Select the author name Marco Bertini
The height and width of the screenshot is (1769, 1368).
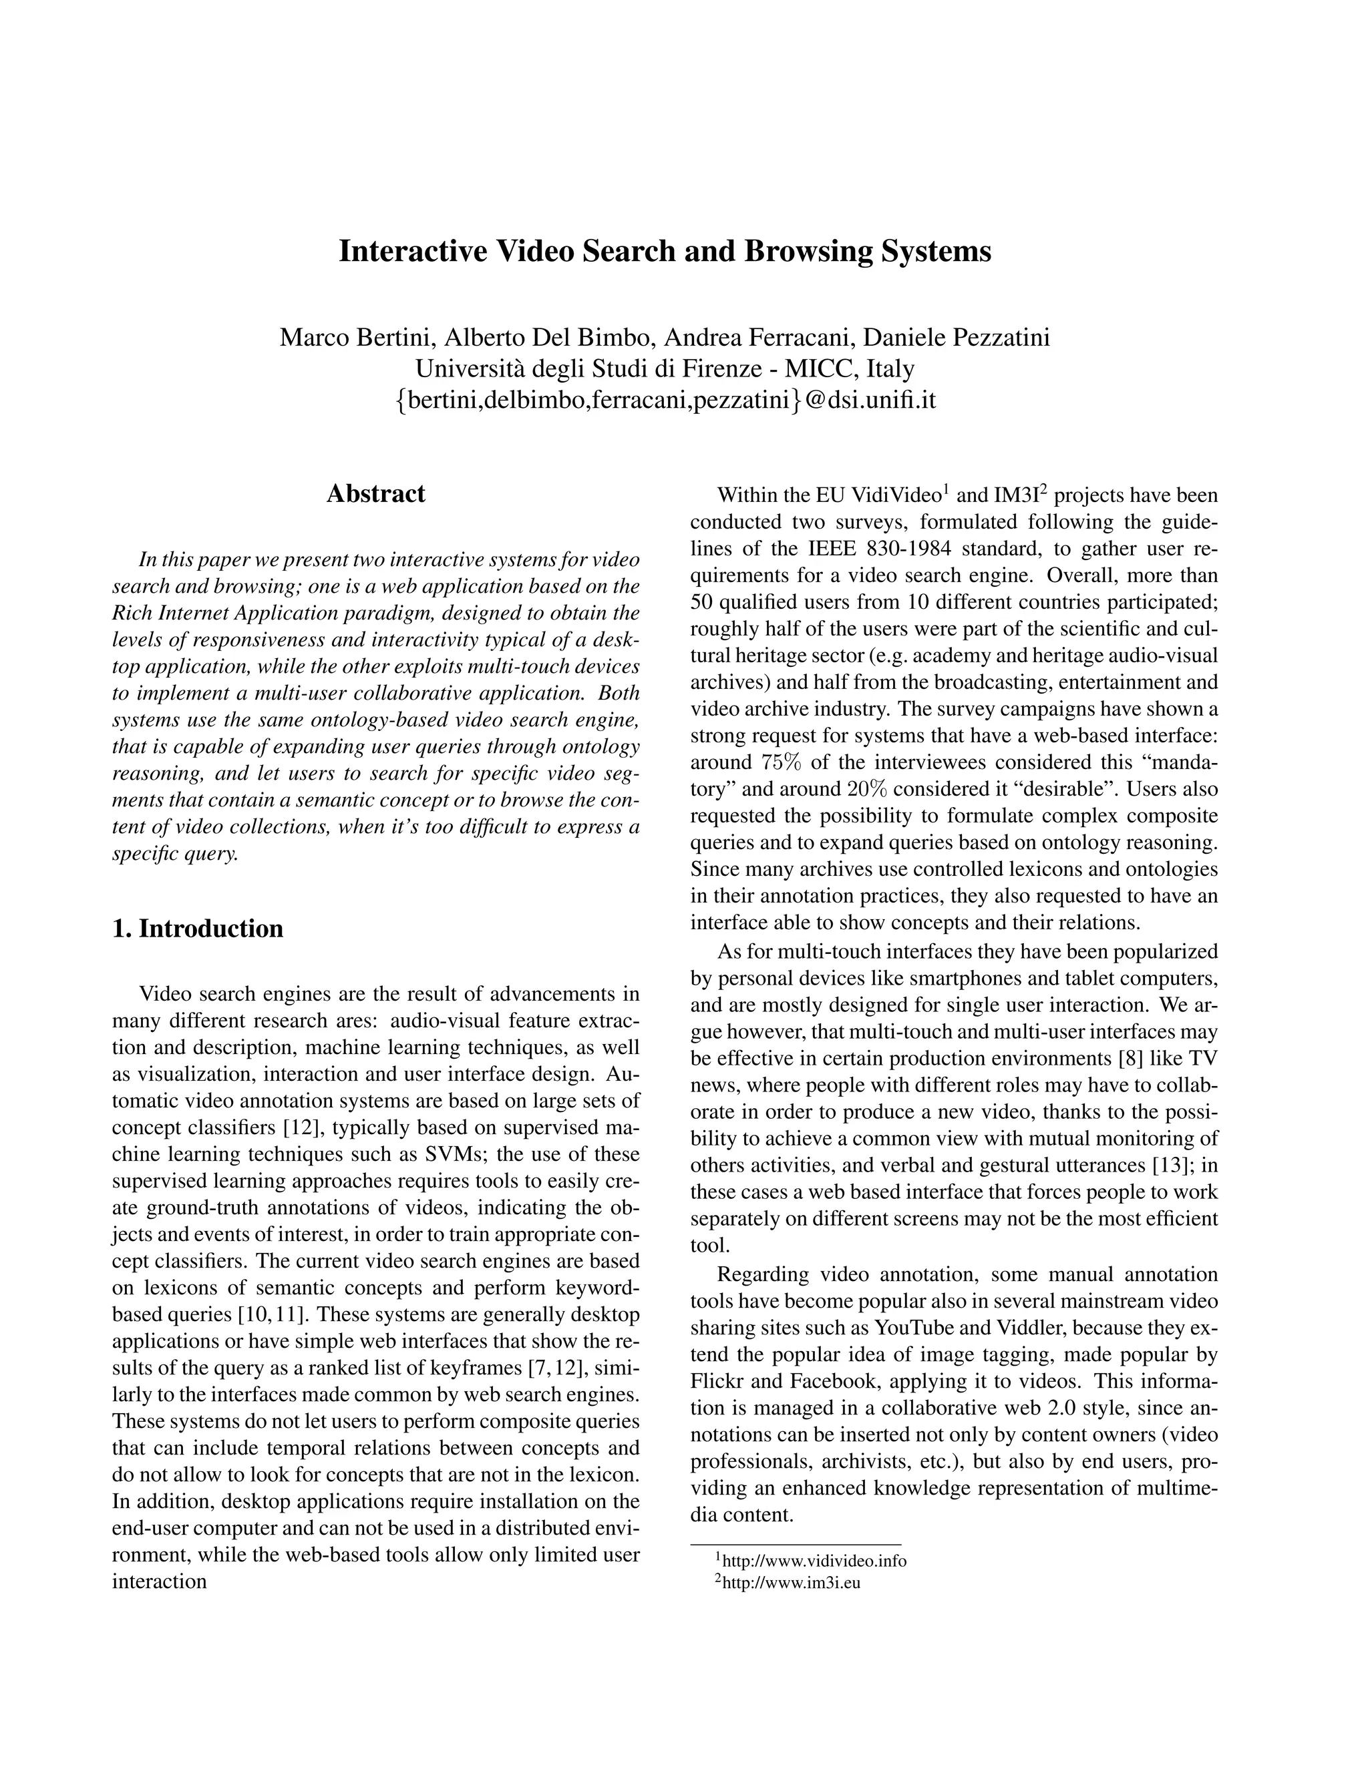click(356, 337)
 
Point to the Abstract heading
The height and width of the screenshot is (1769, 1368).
click(375, 494)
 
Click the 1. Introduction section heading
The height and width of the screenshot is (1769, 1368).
click(198, 929)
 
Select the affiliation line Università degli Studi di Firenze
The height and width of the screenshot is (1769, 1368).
click(665, 368)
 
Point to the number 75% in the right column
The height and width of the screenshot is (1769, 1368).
click(783, 763)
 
